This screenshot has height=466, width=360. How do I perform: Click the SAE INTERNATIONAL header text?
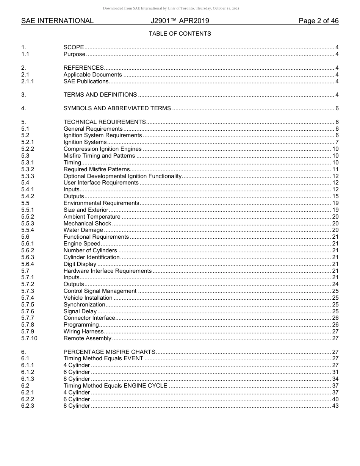click(57, 21)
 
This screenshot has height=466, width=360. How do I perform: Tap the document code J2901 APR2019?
click(180, 21)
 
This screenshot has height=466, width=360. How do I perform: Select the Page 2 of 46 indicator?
click(318, 21)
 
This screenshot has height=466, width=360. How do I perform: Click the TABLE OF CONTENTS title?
click(180, 34)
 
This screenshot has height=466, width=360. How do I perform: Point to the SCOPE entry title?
click(74, 47)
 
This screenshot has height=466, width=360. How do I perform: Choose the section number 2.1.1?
click(28, 81)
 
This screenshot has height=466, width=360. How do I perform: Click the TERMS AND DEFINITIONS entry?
click(100, 95)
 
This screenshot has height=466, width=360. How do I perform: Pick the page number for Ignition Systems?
click(337, 142)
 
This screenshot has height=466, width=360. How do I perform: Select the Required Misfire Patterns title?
click(97, 169)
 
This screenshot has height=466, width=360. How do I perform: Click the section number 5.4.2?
click(28, 196)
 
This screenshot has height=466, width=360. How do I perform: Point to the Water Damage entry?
click(83, 230)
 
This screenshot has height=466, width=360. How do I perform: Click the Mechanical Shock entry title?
click(87, 224)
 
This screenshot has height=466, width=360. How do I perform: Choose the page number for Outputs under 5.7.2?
click(335, 284)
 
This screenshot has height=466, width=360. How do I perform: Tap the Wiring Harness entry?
click(83, 332)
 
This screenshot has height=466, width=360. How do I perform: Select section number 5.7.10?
click(29, 338)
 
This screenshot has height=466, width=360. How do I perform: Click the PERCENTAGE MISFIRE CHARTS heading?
click(109, 352)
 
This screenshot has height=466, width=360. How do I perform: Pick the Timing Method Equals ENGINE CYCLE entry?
click(115, 386)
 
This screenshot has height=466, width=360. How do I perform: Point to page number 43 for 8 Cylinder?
click(335, 406)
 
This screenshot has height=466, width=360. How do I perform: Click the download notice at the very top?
click(171, 8)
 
